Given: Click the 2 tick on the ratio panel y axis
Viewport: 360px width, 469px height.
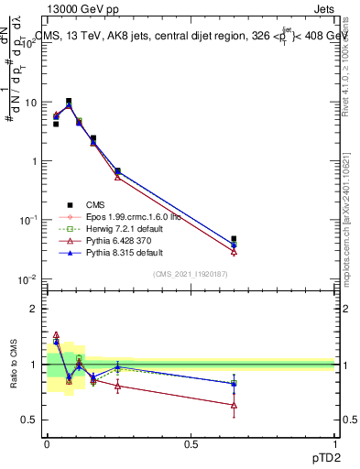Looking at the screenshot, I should point(34,309).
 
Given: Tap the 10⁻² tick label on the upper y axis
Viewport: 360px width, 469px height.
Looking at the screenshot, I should point(27,278).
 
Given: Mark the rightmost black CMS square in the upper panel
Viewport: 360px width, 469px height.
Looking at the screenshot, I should point(234,239).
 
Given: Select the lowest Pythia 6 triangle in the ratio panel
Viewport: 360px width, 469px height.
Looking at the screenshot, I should point(234,404).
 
